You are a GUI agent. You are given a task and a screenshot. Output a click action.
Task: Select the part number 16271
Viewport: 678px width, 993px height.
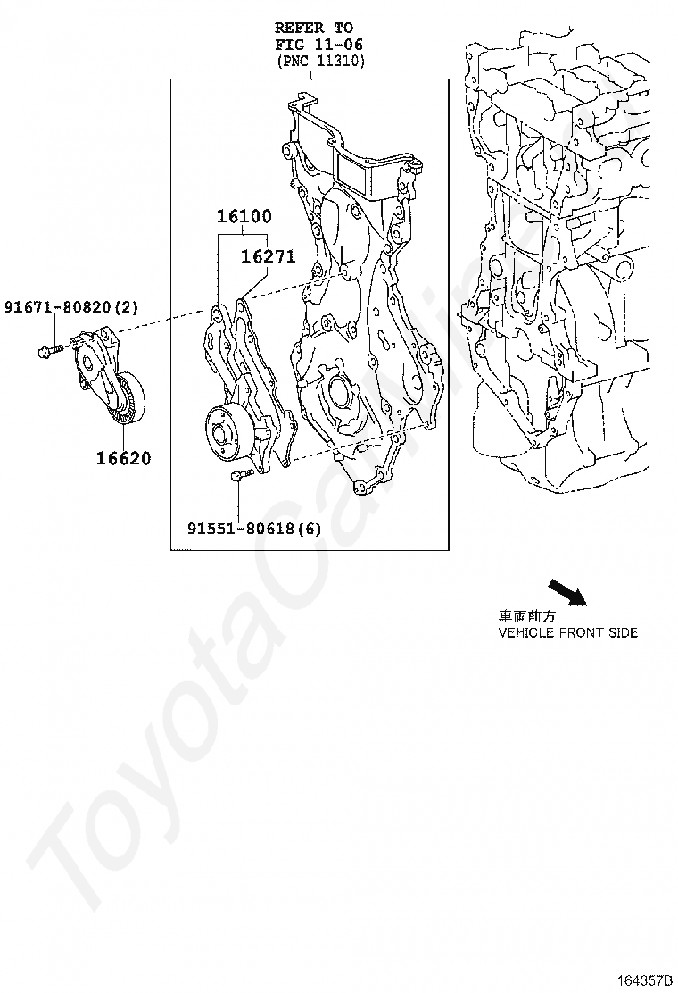pos(268,256)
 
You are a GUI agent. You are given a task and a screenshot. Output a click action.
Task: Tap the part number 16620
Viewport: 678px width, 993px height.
pos(124,459)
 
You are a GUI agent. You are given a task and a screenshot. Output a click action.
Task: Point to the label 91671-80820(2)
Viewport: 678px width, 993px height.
pos(71,308)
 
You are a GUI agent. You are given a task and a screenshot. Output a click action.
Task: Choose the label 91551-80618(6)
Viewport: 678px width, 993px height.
pos(254,529)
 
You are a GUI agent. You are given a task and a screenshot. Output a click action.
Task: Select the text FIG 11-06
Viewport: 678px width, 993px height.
pos(318,45)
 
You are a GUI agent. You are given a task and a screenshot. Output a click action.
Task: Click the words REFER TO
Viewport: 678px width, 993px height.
pos(313,29)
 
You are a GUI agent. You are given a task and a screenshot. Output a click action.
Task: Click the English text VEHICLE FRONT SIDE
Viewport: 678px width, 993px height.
pos(567,632)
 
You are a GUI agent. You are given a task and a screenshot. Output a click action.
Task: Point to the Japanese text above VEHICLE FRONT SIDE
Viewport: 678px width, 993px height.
pos(526,616)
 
